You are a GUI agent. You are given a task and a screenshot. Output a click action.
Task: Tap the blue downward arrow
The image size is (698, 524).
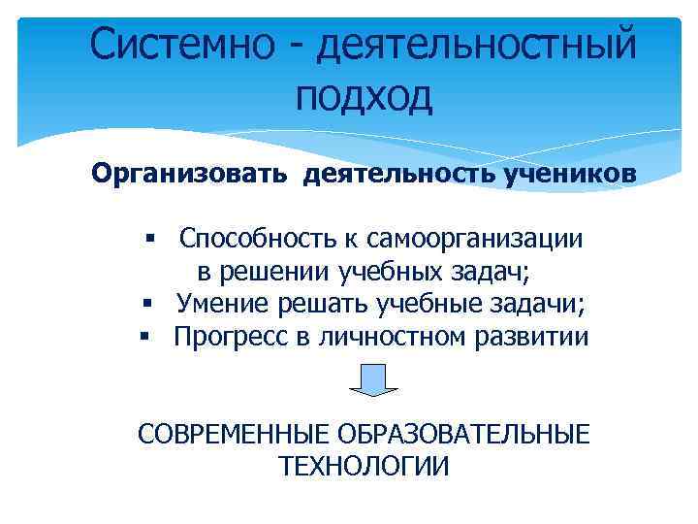coord(367,380)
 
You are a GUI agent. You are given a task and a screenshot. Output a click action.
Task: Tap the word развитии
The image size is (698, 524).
coord(537,338)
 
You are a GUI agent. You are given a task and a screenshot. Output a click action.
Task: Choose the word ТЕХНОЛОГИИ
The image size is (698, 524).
coord(364,467)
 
